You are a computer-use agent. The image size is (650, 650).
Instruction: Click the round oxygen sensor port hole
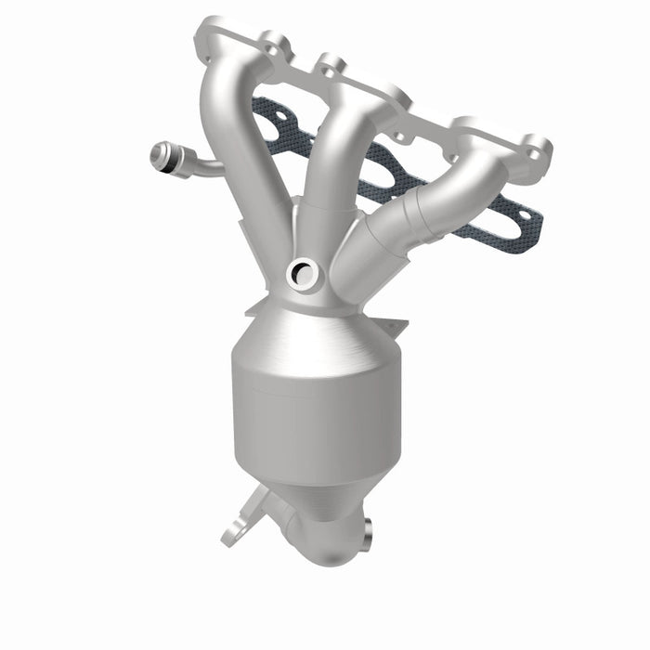(x=302, y=272)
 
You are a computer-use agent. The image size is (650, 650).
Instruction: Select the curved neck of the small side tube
(x=204, y=168)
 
